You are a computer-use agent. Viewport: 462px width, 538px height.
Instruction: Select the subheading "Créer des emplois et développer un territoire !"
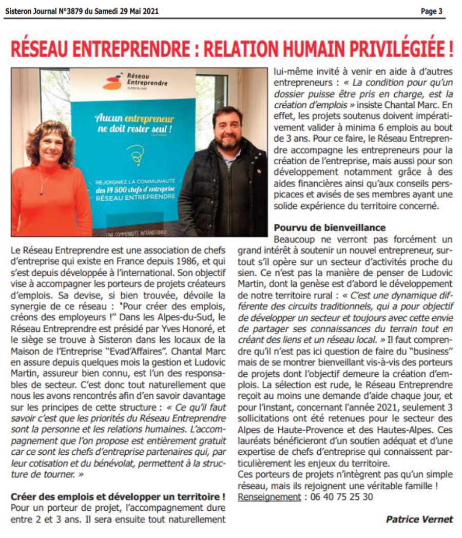(119, 496)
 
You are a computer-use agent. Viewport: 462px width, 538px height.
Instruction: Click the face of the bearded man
(227, 132)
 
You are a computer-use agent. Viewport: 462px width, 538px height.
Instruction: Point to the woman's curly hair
(49, 141)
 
